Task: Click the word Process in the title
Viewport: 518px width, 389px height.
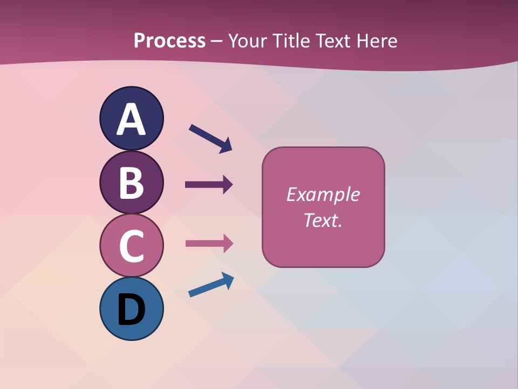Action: point(169,41)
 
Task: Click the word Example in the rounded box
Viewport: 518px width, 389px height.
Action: point(323,194)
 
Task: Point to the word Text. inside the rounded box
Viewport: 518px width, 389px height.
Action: point(323,220)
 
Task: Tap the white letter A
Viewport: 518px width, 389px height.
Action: point(131,119)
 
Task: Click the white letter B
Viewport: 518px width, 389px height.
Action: point(131,183)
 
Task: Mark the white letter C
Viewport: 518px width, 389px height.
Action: point(131,246)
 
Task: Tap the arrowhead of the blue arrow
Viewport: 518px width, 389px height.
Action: point(228,280)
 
